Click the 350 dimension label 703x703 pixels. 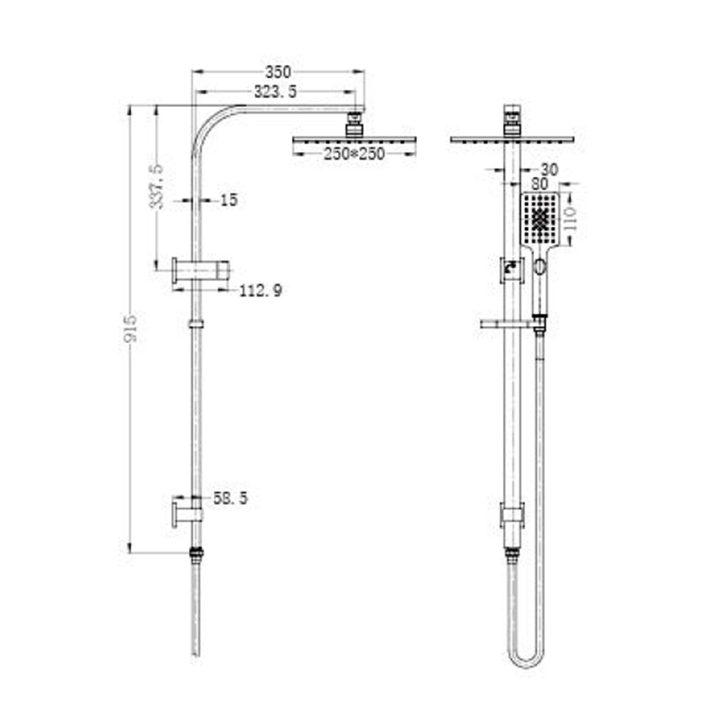[278, 72]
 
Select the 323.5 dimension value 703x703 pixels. [275, 92]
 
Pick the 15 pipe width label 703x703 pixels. [229, 200]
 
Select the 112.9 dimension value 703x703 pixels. [261, 289]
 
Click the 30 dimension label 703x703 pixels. [548, 170]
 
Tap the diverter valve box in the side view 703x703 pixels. [511, 271]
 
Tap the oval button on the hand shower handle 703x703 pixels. [539, 269]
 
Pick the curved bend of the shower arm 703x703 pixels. [211, 120]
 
